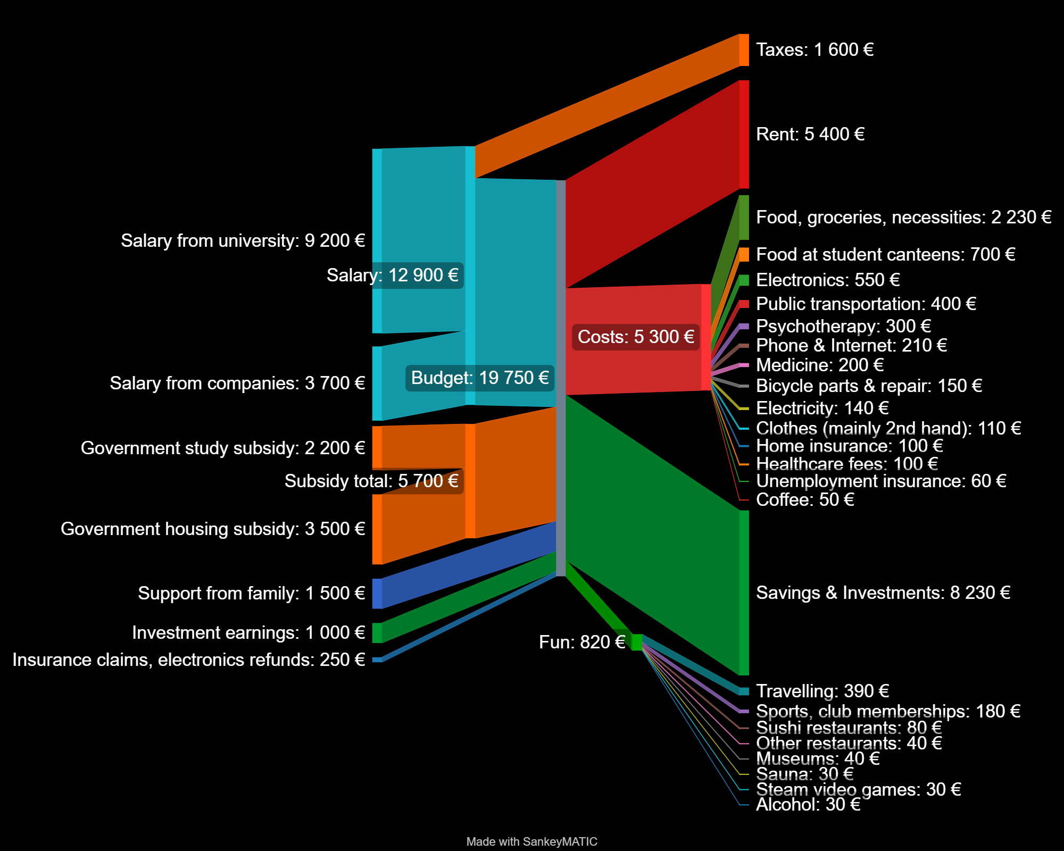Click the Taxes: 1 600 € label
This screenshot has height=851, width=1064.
point(814,50)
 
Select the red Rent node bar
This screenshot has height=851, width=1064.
point(744,134)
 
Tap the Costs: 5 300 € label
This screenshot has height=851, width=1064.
point(636,337)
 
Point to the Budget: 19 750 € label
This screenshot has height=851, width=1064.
point(480,378)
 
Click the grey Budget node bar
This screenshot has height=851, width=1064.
point(561,378)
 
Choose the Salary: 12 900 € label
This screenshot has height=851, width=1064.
point(392,276)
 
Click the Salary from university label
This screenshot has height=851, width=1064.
point(243,240)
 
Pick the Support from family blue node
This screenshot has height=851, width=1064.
point(377,594)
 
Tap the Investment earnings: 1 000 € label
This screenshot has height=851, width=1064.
point(248,633)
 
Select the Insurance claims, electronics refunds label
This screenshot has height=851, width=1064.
point(189,660)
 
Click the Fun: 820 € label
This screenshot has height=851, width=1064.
point(581,643)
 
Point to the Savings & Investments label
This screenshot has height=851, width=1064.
point(883,593)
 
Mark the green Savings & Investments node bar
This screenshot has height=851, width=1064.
point(744,593)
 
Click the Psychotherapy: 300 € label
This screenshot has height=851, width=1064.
point(843,326)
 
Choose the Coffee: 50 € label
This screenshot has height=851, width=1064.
point(805,500)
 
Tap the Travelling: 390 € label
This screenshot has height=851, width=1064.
point(822,691)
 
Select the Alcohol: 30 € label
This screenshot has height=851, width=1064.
point(808,805)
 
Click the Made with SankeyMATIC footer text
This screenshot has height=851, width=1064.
point(531,842)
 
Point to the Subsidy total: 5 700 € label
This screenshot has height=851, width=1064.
point(371,481)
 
